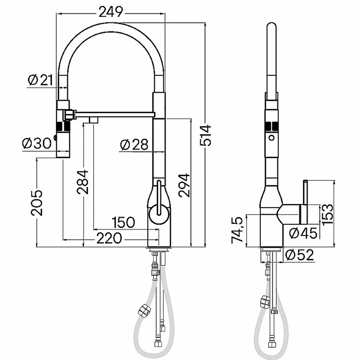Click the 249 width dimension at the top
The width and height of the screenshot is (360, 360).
click(111, 12)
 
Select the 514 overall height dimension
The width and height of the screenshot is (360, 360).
click(206, 135)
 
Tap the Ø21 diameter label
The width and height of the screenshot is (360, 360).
click(40, 80)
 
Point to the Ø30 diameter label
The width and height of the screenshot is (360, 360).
click(37, 144)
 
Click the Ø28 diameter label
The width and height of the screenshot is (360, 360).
click(134, 145)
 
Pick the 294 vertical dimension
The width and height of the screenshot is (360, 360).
click(184, 185)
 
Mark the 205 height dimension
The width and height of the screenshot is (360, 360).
click(37, 203)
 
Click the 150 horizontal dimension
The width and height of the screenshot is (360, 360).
click(123, 222)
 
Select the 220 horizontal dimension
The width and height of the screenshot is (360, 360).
click(109, 238)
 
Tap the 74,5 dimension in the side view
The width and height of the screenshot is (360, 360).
click(237, 230)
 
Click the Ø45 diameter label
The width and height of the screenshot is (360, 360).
click(303, 233)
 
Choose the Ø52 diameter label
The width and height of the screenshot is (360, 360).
click(300, 255)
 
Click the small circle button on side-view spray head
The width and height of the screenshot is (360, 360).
click(271, 138)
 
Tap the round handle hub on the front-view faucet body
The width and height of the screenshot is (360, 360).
click(159, 214)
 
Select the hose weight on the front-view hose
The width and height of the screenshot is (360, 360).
click(145, 311)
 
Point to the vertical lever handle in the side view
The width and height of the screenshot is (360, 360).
click(305, 202)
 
